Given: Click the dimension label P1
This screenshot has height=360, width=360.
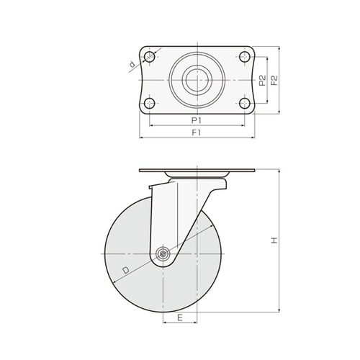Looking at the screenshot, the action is point(196,120).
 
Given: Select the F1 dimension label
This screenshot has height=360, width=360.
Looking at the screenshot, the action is point(196,132).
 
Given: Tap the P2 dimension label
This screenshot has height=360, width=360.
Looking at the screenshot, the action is point(263,81).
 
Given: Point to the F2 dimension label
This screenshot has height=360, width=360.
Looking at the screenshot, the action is point(274,81).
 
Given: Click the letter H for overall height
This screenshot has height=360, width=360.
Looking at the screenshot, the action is point(274,240).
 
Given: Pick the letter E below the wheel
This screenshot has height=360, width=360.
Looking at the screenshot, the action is point(180,318).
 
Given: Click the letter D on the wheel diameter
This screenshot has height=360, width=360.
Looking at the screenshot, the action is point(125,271).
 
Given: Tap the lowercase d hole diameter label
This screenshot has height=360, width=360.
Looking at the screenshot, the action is point(132,64).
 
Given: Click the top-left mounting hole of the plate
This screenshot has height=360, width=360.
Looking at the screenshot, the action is point(150,57).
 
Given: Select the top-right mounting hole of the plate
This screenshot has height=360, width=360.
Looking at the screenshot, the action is point(245,57).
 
